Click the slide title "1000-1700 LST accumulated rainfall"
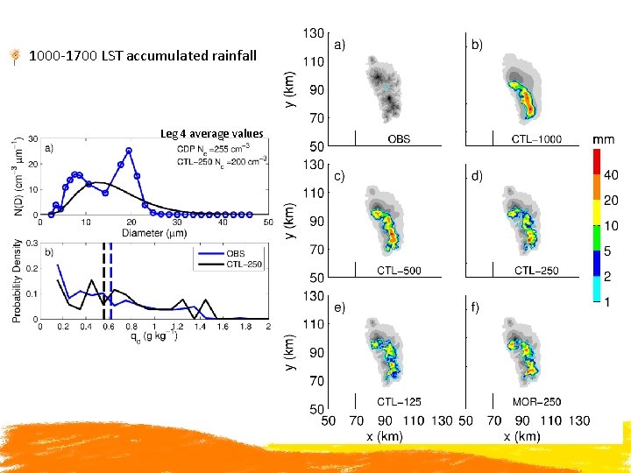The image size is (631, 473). pyautogui.click(x=143, y=56)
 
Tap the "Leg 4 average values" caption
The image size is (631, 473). pyautogui.click(x=212, y=134)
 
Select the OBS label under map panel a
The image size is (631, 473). pyautogui.click(x=399, y=138)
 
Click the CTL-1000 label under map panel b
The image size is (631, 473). pyautogui.click(x=536, y=138)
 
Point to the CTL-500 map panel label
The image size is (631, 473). pyautogui.click(x=399, y=271)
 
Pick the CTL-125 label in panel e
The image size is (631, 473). pyautogui.click(x=399, y=402)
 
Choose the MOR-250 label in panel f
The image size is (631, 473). pyautogui.click(x=536, y=402)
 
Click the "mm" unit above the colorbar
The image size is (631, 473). pyautogui.click(x=603, y=139)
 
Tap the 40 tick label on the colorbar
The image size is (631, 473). pyautogui.click(x=611, y=175)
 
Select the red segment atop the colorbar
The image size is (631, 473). pyautogui.click(x=596, y=161)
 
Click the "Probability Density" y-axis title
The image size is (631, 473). pyautogui.click(x=18, y=280)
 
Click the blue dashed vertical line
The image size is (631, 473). pyautogui.click(x=111, y=280)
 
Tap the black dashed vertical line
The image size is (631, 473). pyautogui.click(x=104, y=280)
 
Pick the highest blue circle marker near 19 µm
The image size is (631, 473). pyautogui.click(x=129, y=151)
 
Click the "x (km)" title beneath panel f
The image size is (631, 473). pyautogui.click(x=521, y=435)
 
